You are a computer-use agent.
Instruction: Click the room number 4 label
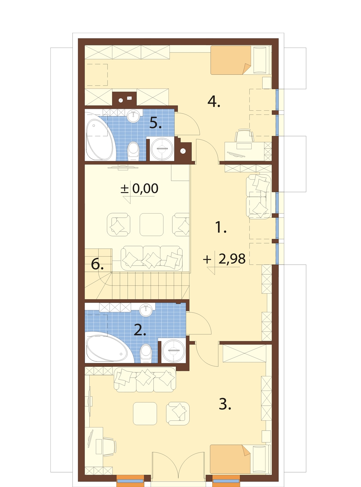click(x=214, y=102)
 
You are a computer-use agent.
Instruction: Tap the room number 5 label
click(x=155, y=123)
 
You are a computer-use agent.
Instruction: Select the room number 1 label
click(x=221, y=227)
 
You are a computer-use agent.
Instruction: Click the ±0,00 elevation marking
click(x=140, y=189)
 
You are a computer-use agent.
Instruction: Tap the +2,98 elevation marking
click(x=224, y=259)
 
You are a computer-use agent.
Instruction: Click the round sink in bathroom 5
click(x=133, y=116)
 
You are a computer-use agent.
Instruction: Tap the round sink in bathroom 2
click(x=146, y=310)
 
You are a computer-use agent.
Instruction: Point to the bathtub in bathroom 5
click(x=100, y=136)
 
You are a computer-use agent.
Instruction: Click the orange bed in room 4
click(x=231, y=60)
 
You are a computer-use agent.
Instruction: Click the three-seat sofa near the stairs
click(x=152, y=258)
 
